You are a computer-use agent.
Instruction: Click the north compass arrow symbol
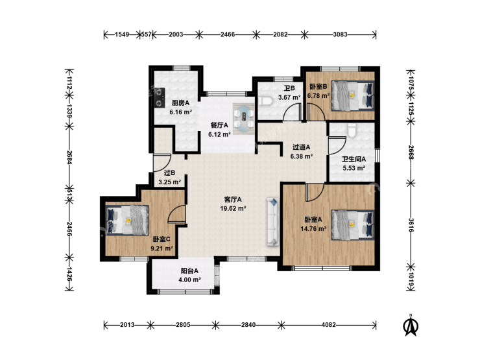(x=411, y=325)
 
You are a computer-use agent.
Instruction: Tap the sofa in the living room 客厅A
(x=273, y=222)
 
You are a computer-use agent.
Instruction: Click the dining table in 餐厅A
(x=244, y=119)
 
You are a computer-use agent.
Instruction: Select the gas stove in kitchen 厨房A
(x=159, y=98)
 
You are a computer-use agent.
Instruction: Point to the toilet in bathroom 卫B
(x=265, y=101)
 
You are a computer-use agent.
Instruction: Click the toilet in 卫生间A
(x=352, y=130)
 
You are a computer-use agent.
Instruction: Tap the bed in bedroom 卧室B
(x=353, y=95)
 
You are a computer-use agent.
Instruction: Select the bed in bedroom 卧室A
(x=353, y=224)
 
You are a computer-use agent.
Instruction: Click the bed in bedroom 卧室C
(x=127, y=220)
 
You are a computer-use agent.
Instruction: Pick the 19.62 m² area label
(x=234, y=209)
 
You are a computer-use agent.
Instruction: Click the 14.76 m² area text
(x=313, y=229)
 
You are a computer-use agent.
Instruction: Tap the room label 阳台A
(x=189, y=270)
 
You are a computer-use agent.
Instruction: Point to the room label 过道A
(x=301, y=147)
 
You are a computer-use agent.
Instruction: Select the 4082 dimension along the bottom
(x=328, y=325)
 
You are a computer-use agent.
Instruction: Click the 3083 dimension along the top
(x=340, y=34)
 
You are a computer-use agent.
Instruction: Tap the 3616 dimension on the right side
(x=411, y=225)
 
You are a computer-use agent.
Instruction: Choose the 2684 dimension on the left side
(x=69, y=158)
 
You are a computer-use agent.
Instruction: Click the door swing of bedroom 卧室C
(x=178, y=213)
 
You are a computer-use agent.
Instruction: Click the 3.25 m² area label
(x=169, y=182)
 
